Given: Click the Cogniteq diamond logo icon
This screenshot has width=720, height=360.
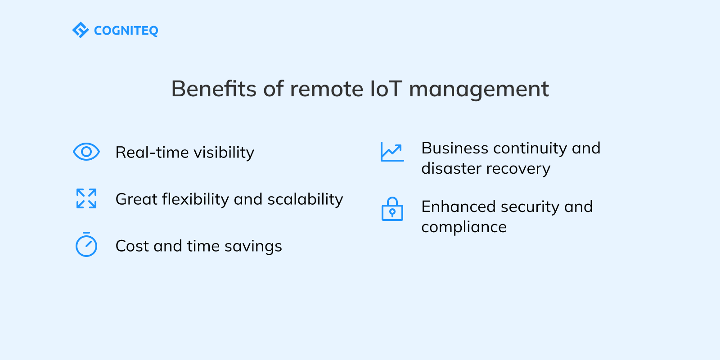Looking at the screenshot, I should click(81, 30).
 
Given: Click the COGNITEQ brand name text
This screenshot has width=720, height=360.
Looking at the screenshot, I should click(126, 31).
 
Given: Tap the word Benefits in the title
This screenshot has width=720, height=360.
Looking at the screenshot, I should click(213, 89).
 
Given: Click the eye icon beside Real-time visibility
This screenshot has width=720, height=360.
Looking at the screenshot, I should click(86, 152).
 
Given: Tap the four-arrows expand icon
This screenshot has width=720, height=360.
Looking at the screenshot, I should click(86, 198).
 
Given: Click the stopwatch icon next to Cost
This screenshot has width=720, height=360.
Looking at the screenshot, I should click(86, 245).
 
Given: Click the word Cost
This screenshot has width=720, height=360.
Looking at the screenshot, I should click(132, 246).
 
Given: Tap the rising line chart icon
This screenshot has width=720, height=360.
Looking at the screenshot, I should click(392, 152).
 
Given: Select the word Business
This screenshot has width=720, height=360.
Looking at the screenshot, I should click(454, 148).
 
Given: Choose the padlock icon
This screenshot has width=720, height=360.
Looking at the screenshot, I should click(392, 209).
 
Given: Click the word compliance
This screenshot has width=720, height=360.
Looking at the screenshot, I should click(464, 227).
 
